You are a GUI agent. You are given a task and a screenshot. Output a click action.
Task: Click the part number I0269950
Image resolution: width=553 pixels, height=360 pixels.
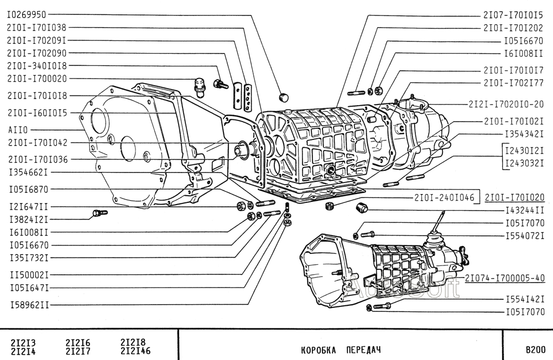27,15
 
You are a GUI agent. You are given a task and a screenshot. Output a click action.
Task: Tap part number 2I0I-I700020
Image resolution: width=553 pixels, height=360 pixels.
36,79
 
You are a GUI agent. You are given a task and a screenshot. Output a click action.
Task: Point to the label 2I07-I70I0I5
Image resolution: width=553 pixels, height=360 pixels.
513,15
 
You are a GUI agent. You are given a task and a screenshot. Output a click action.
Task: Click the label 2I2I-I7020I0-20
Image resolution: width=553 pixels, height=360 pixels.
506,104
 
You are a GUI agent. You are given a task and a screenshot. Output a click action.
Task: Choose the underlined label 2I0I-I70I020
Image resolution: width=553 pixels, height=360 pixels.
515,197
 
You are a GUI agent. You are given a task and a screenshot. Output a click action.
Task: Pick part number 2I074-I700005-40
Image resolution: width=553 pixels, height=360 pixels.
505,278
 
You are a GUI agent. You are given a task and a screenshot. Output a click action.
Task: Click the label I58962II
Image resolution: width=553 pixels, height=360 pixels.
29,304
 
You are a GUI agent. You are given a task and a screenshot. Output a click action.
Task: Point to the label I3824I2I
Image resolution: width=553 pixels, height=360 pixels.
29,220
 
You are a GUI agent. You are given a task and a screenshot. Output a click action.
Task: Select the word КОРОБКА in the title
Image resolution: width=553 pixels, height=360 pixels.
317,350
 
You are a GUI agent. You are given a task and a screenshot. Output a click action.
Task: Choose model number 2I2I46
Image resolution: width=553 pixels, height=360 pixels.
135,351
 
